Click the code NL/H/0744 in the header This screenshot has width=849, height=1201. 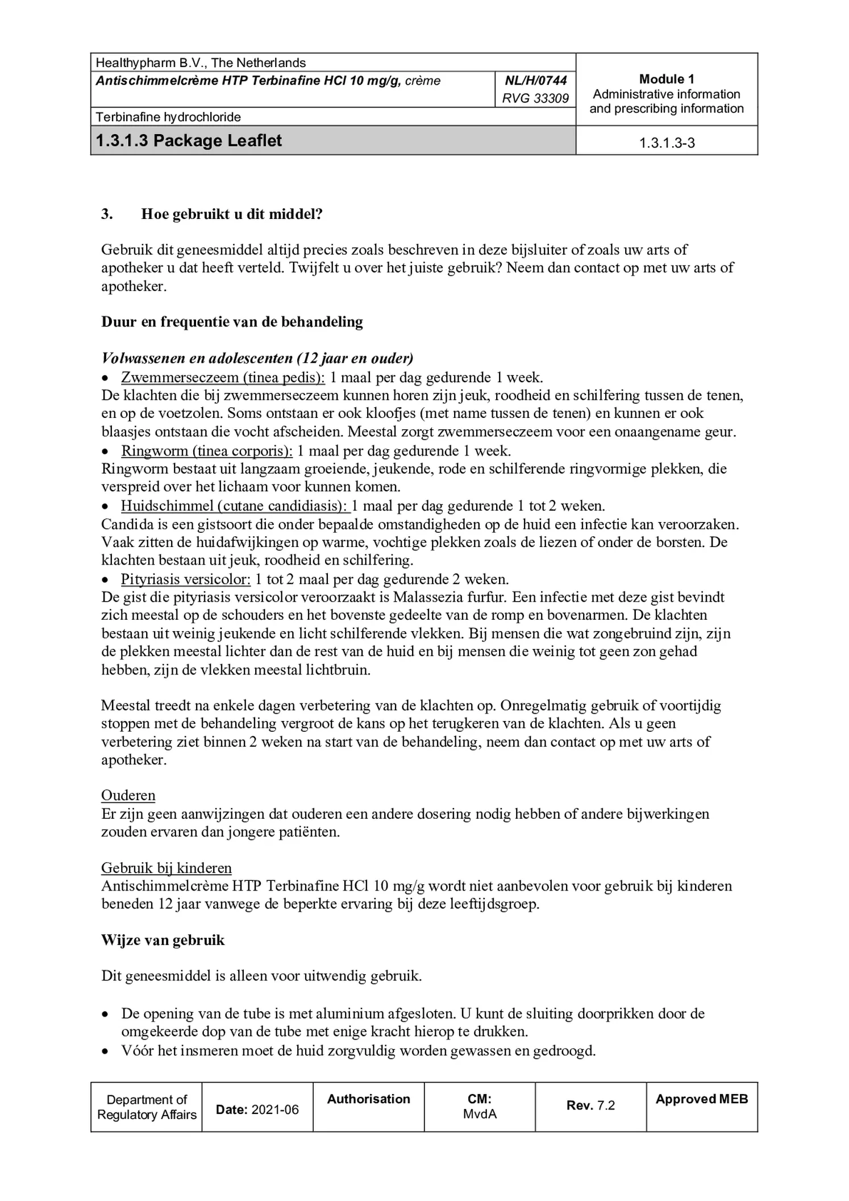point(535,81)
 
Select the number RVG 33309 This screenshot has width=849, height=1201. point(535,98)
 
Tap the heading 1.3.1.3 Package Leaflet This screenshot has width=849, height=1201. point(189,140)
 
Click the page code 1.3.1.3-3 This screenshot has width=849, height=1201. point(667,143)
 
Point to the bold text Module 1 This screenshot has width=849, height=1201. point(666,79)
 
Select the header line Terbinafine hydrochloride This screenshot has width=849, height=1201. point(168,117)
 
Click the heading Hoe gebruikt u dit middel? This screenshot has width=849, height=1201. point(232,214)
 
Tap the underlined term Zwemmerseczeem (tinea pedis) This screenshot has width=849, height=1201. point(223,377)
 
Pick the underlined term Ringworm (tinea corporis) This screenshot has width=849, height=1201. point(207,451)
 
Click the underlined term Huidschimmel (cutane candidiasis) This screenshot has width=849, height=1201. point(234,506)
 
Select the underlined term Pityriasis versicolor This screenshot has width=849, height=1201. point(186,579)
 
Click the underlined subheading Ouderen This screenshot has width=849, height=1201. point(128,795)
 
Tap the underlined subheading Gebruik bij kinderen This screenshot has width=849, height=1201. point(167,868)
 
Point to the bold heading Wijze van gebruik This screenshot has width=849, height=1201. point(163,940)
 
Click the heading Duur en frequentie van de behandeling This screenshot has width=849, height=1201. point(232,322)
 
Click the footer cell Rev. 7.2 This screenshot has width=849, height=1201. point(590,1105)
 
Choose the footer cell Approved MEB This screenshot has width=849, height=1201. point(702,1099)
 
